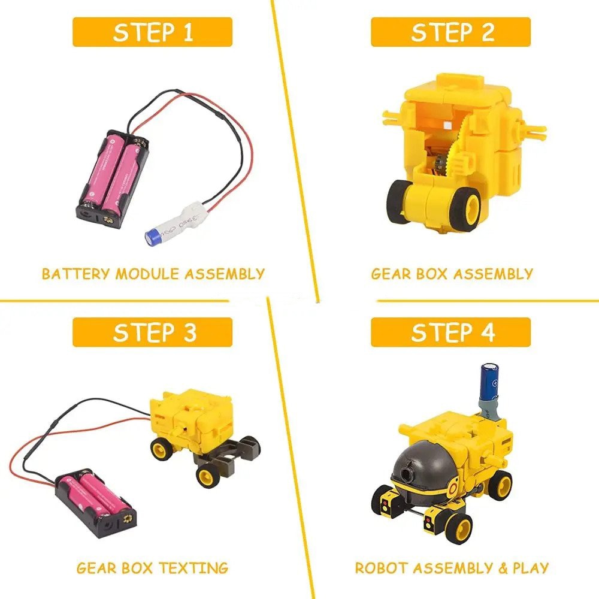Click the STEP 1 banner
[x=152, y=32]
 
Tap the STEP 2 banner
[x=451, y=32]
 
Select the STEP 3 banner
[x=152, y=332]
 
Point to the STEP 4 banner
[x=451, y=332]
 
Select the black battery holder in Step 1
[x=113, y=179]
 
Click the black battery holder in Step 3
[x=95, y=503]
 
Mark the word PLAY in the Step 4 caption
[x=531, y=568]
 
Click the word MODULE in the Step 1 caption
[x=147, y=274]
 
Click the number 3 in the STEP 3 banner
[x=189, y=332]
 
